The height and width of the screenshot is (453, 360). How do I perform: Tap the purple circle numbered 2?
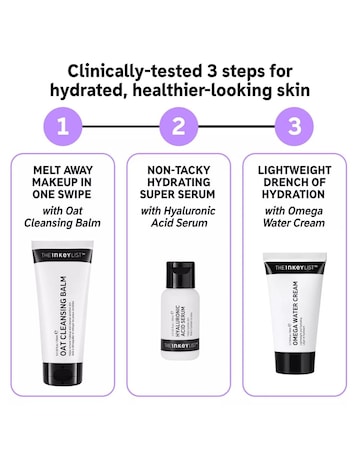[179, 127]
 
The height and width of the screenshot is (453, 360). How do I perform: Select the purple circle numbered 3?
[294, 127]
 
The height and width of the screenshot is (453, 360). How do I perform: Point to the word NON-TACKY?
[179, 170]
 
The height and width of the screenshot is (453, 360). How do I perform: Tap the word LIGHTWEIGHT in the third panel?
[294, 170]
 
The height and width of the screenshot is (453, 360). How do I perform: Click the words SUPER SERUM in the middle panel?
[179, 201]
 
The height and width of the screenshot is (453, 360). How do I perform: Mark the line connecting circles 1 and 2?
[122, 127]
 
